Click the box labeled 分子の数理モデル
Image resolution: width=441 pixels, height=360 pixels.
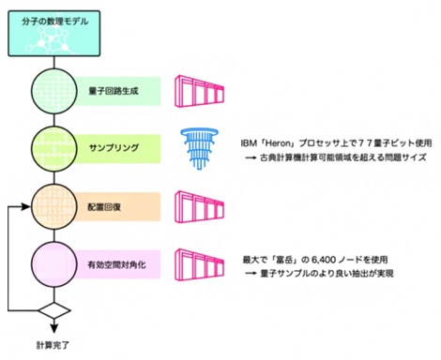(54, 34)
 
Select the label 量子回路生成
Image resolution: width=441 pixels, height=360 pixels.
(114, 91)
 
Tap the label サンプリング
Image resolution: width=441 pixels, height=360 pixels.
(114, 148)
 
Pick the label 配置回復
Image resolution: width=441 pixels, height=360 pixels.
(104, 207)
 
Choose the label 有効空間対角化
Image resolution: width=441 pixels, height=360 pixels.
(116, 265)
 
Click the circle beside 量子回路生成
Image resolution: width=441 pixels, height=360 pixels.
(53, 91)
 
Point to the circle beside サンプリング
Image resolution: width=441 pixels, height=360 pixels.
(53, 149)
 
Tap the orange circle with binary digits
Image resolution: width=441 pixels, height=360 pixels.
(53, 207)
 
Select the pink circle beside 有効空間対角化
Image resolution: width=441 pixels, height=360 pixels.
(53, 264)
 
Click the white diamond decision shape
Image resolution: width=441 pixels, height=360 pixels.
(54, 310)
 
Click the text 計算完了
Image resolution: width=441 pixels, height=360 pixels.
(53, 345)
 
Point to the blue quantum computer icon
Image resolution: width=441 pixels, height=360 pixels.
(200, 149)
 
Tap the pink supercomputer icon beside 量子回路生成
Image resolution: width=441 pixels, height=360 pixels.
(200, 91)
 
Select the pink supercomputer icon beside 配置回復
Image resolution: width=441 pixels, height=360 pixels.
(200, 207)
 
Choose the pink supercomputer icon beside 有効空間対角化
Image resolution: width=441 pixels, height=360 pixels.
(200, 264)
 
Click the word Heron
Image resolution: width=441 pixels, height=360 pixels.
(279, 143)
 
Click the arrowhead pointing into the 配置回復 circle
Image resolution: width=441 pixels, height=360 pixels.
(25, 206)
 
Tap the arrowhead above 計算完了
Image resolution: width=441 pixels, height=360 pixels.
(54, 328)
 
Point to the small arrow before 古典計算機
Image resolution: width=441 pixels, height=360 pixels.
(251, 157)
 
